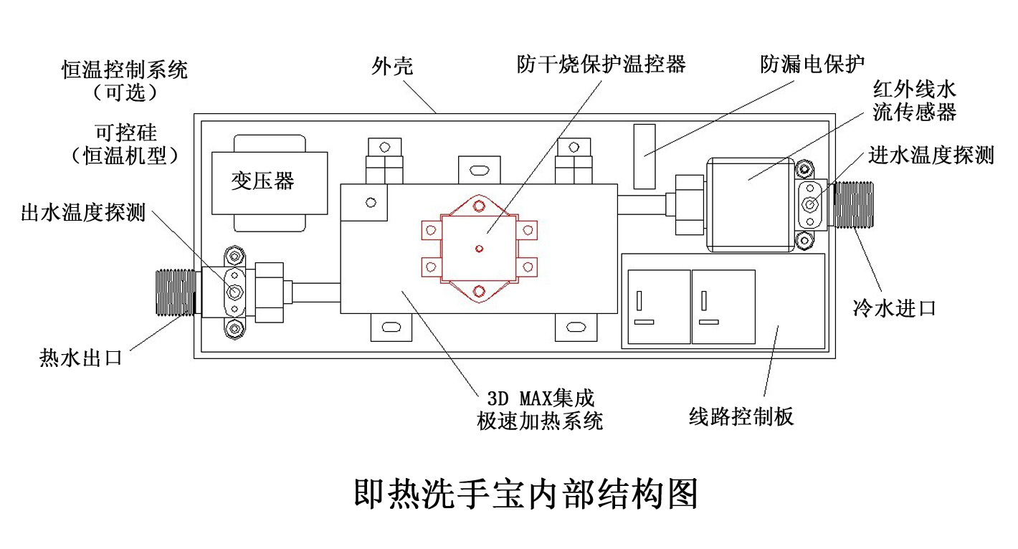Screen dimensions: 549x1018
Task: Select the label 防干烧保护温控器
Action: pos(601,65)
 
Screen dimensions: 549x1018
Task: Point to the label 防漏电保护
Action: pos(812,65)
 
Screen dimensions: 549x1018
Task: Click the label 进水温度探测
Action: pos(931,155)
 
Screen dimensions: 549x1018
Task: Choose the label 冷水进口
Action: pos(894,308)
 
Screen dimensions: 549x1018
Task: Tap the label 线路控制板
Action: pos(741,416)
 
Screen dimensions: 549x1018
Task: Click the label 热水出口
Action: pos(80,357)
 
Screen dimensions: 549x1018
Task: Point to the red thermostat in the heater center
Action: pos(479,248)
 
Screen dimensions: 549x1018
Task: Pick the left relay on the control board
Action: pos(659,306)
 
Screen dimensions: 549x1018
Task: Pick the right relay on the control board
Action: pos(723,306)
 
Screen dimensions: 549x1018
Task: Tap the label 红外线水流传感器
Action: pos(914,100)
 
